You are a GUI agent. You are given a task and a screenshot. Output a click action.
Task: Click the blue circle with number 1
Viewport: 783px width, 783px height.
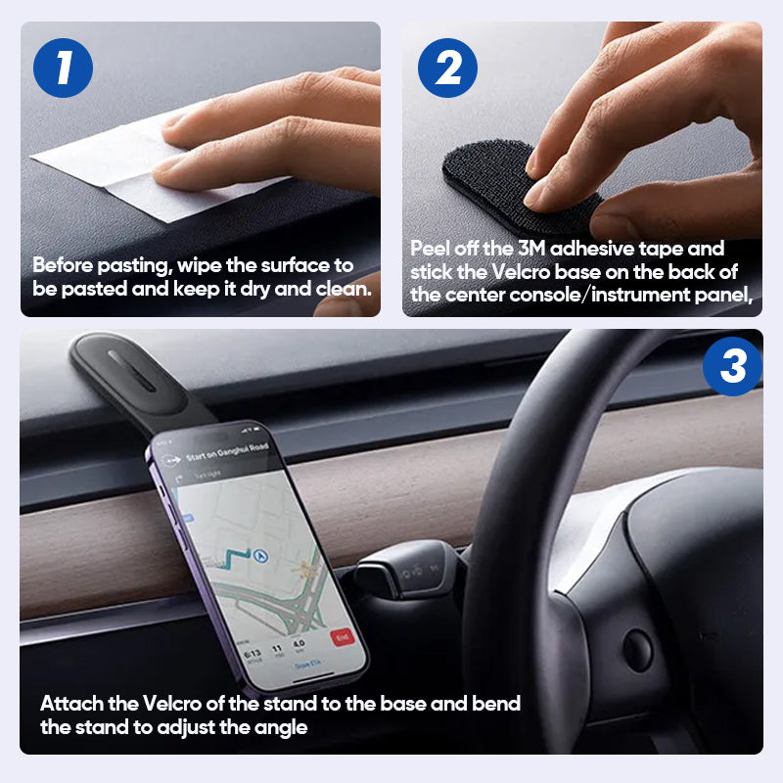pos(62,68)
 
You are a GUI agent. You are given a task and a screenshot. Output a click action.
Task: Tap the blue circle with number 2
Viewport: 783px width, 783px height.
pos(447,68)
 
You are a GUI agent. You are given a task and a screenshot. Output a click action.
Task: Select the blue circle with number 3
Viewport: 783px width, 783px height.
pos(733,367)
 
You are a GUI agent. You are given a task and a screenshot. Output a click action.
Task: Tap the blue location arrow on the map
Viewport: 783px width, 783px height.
pos(260,556)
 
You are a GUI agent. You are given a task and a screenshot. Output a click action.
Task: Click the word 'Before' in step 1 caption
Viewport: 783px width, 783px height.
pos(62,265)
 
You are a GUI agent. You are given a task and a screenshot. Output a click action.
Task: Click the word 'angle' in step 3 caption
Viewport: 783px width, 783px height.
pos(282,727)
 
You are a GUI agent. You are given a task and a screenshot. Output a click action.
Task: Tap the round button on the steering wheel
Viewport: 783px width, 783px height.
pos(639,647)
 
